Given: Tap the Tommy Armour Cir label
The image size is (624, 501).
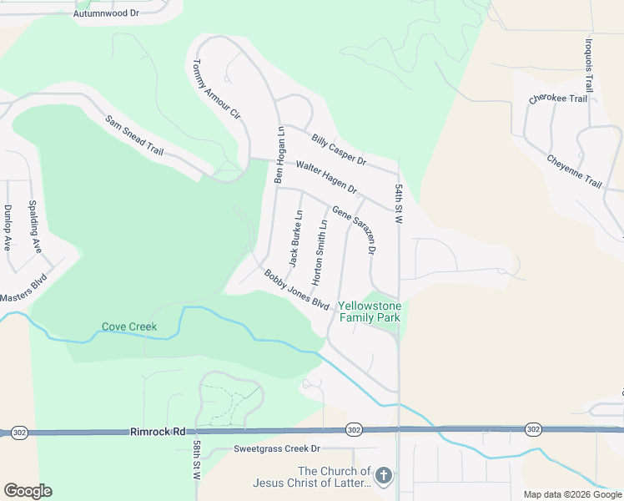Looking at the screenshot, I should [x=216, y=89].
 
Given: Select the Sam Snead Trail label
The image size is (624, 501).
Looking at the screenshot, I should [x=133, y=135].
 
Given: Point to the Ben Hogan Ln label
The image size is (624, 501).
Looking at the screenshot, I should [x=280, y=155].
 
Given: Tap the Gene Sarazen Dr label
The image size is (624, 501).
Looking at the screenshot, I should [x=355, y=230].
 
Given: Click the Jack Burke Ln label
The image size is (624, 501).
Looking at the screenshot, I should [x=295, y=239].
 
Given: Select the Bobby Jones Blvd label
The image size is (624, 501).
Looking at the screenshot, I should [x=297, y=289].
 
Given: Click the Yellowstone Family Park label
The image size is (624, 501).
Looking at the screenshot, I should [x=370, y=311].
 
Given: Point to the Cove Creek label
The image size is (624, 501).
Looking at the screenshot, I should [x=129, y=326].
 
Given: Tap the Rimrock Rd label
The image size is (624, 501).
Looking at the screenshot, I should [x=158, y=432].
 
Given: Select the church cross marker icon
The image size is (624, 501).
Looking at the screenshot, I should [x=383, y=477].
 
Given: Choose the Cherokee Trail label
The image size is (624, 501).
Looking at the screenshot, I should [x=558, y=99].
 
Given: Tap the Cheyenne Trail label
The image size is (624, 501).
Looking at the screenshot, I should [x=574, y=171].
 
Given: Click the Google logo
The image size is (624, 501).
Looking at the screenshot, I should [x=28, y=491].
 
